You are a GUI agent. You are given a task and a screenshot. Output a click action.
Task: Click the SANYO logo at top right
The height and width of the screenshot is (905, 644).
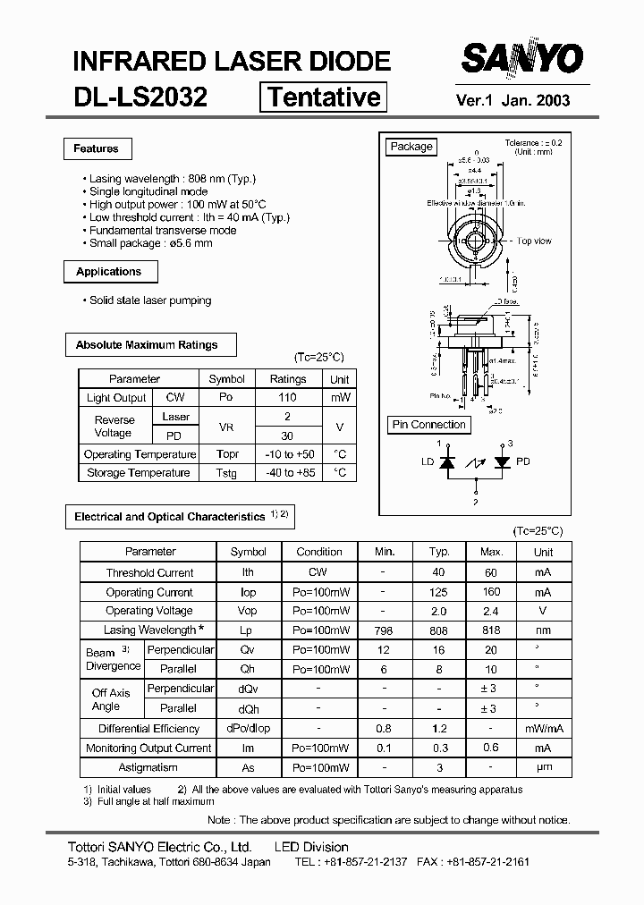(x=521, y=60)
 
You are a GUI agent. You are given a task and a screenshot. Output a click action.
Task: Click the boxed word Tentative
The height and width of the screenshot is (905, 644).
(x=324, y=97)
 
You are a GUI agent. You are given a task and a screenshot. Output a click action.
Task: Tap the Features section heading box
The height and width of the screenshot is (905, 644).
(x=97, y=149)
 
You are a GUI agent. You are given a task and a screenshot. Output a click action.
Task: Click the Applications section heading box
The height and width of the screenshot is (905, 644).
(x=109, y=272)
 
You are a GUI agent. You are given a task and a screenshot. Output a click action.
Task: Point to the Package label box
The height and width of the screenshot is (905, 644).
(x=411, y=147)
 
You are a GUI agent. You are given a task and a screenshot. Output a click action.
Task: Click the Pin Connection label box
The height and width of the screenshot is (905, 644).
(x=429, y=425)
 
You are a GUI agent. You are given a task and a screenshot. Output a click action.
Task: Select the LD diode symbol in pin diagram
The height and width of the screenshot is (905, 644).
(x=449, y=462)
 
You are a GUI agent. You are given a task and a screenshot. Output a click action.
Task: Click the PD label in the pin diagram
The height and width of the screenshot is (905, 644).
(x=523, y=462)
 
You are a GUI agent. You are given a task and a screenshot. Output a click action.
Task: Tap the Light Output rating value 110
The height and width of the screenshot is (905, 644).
(x=288, y=398)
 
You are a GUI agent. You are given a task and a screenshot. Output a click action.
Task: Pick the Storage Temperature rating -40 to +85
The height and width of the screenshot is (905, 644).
(x=288, y=473)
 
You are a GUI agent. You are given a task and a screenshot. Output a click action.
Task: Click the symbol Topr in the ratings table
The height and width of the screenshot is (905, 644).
(x=227, y=454)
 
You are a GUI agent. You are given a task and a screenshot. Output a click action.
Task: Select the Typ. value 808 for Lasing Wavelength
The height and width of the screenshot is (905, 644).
(x=439, y=630)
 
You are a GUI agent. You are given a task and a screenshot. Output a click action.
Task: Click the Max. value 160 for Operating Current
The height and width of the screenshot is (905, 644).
(x=491, y=592)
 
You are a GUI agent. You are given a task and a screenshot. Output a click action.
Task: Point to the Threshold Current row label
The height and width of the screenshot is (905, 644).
(x=149, y=573)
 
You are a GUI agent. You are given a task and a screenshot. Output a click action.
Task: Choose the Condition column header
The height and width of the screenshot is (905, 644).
(x=319, y=553)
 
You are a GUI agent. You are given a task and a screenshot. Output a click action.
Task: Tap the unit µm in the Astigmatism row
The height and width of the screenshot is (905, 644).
(x=543, y=767)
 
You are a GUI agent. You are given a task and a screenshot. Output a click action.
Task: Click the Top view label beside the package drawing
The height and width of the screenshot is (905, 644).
(x=534, y=241)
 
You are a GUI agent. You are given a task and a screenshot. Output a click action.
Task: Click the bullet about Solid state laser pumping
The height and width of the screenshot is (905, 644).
(x=150, y=300)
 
